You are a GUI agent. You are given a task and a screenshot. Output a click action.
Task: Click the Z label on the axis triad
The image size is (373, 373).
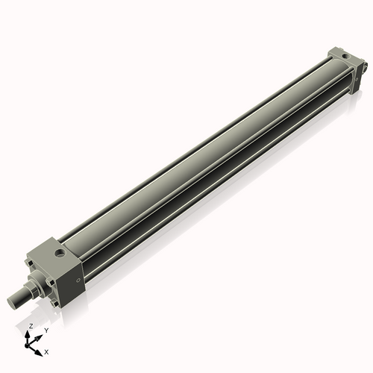[31, 327]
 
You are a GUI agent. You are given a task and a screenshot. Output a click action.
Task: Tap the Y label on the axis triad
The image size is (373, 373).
[46, 330]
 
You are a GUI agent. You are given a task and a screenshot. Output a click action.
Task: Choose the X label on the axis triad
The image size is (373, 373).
[46, 351]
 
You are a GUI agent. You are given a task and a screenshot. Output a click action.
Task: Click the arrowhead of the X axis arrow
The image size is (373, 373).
[40, 349]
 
